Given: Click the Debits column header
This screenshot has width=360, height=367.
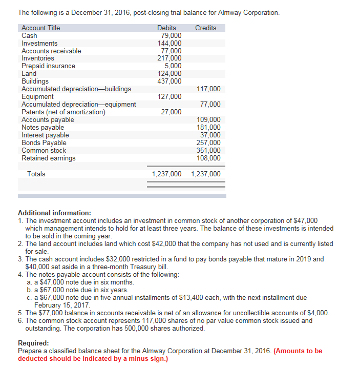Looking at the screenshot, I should coord(166,28).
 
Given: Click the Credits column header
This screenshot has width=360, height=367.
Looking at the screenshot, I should coord(205,28).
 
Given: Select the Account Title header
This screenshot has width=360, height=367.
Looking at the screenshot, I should coord(40,28).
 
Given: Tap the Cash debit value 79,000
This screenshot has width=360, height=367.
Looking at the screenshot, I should coord(171,35).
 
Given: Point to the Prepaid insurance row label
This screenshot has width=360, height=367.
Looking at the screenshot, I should coord(48,66).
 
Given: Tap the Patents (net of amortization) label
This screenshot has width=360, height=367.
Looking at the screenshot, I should coord(63,112).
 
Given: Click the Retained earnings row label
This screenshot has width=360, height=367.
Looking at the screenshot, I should coord(48,158).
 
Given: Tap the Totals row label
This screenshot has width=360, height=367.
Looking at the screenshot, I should coord(36,174).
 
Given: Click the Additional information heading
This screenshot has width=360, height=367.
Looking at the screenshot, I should coord(54,213).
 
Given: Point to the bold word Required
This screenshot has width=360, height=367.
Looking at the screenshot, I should coord(33,343).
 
